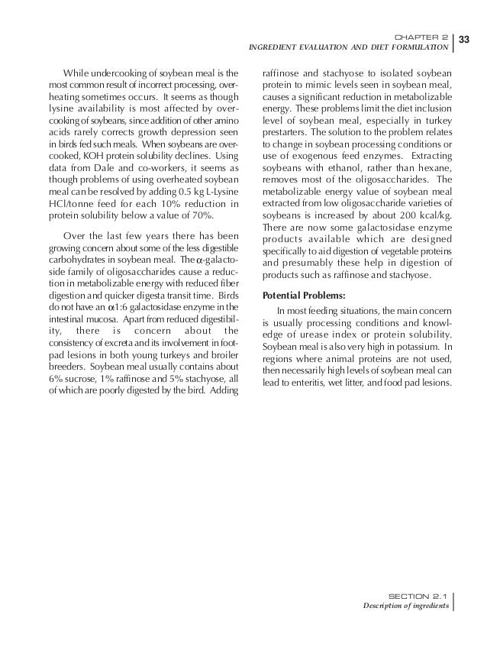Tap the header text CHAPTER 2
(424, 36)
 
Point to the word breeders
(67, 367)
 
